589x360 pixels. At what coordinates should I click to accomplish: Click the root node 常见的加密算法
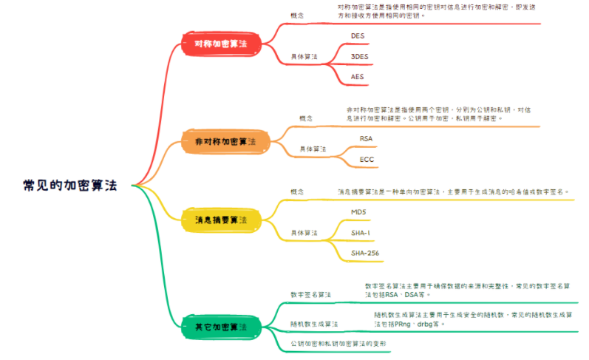click(x=69, y=185)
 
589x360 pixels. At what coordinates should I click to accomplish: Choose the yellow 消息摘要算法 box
click(x=221, y=220)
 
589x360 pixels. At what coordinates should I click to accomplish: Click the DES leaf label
click(x=358, y=35)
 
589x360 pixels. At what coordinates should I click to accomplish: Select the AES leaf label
click(x=358, y=76)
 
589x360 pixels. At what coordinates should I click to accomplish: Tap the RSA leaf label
click(x=367, y=138)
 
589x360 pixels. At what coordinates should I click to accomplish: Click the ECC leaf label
click(x=367, y=159)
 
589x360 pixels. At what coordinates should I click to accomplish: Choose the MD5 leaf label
click(x=358, y=212)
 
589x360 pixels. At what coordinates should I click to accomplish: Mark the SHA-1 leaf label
click(x=361, y=233)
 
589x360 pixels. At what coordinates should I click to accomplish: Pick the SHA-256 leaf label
click(x=365, y=254)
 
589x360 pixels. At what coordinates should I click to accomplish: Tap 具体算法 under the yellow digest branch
click(x=304, y=233)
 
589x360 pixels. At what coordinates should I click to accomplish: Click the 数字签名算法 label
click(x=311, y=294)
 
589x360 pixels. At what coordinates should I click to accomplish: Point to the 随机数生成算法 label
click(x=314, y=324)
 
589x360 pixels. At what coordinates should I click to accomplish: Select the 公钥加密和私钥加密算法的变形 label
click(x=338, y=344)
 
